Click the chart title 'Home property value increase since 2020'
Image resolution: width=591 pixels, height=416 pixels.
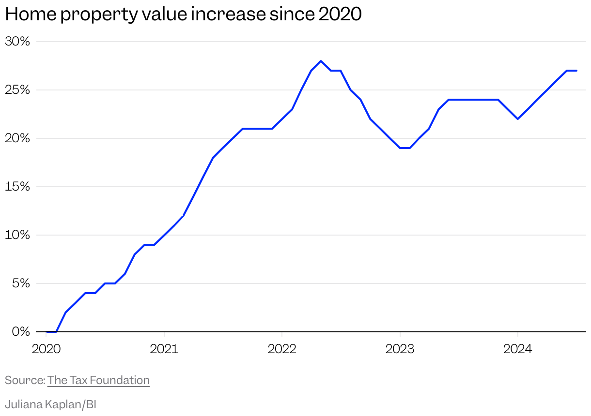pyautogui.click(x=183, y=15)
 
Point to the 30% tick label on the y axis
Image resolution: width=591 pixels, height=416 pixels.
pyautogui.click(x=17, y=42)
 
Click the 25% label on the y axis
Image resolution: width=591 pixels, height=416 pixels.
pyautogui.click(x=17, y=90)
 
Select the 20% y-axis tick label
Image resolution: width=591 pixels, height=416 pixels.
pyautogui.click(x=17, y=138)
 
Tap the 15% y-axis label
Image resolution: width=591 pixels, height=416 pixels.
pyautogui.click(x=17, y=187)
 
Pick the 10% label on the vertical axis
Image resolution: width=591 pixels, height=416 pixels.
pyautogui.click(x=17, y=235)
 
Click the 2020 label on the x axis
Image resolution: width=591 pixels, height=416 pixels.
pyautogui.click(x=46, y=349)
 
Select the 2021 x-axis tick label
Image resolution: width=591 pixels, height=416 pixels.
pyautogui.click(x=164, y=349)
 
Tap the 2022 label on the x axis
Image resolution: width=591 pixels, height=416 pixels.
pyautogui.click(x=282, y=349)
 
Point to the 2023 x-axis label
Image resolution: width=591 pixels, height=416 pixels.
pyautogui.click(x=400, y=349)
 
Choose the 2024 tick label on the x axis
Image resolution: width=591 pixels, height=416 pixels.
pyautogui.click(x=518, y=349)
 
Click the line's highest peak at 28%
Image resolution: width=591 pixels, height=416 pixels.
pyautogui.click(x=321, y=61)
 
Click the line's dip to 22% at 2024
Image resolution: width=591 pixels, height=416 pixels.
pyautogui.click(x=518, y=119)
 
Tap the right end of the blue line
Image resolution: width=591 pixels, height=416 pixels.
pyautogui.click(x=576, y=71)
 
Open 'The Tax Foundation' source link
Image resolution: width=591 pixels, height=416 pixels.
pyautogui.click(x=98, y=380)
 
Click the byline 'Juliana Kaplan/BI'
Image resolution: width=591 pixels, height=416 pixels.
pyautogui.click(x=50, y=404)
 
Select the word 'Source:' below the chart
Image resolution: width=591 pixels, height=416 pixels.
pyautogui.click(x=25, y=380)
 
